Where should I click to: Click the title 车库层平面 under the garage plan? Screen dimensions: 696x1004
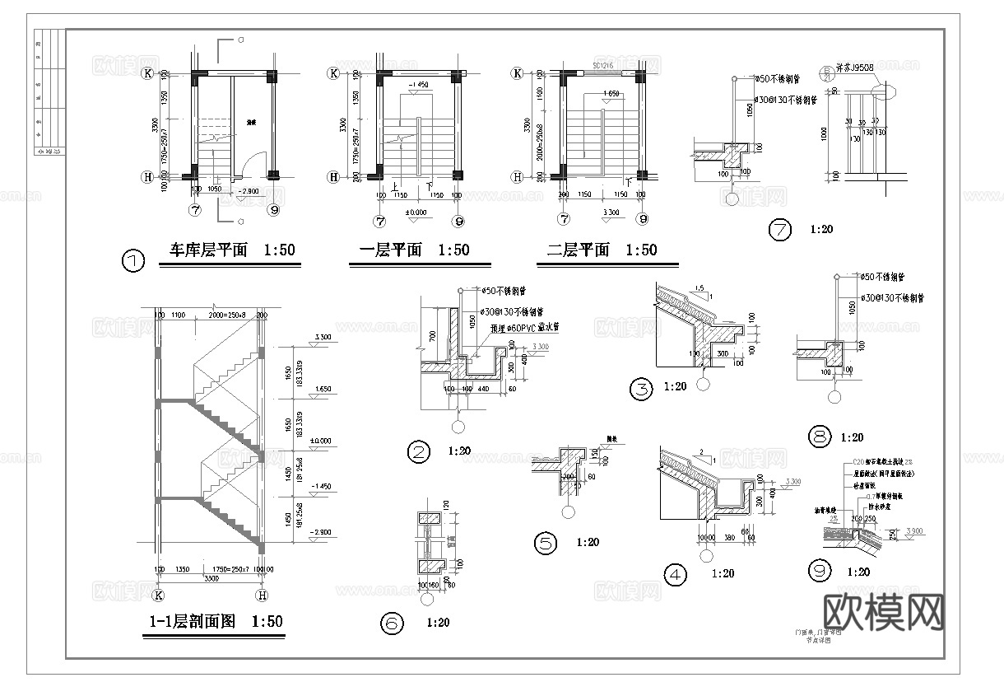coord(208,250)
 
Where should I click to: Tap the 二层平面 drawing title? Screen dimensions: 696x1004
coord(578,250)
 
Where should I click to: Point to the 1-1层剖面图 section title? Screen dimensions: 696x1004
coord(192,622)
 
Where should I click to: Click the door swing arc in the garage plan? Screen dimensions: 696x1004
coord(256,161)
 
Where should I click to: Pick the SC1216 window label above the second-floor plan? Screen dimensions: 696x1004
coord(604,64)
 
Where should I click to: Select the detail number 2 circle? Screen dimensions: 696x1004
coord(420,451)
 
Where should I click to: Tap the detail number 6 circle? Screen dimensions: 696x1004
coord(392,624)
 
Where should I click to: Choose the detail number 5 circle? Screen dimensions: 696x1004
coord(546,544)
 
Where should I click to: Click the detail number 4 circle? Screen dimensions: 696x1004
coord(675,575)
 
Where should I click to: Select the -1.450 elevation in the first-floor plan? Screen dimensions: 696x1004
coord(417,85)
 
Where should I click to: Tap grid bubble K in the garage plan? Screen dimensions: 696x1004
coord(148,73)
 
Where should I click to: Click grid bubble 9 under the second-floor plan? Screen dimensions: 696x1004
coord(642,220)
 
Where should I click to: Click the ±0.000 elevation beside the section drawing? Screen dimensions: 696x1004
coord(321,441)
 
